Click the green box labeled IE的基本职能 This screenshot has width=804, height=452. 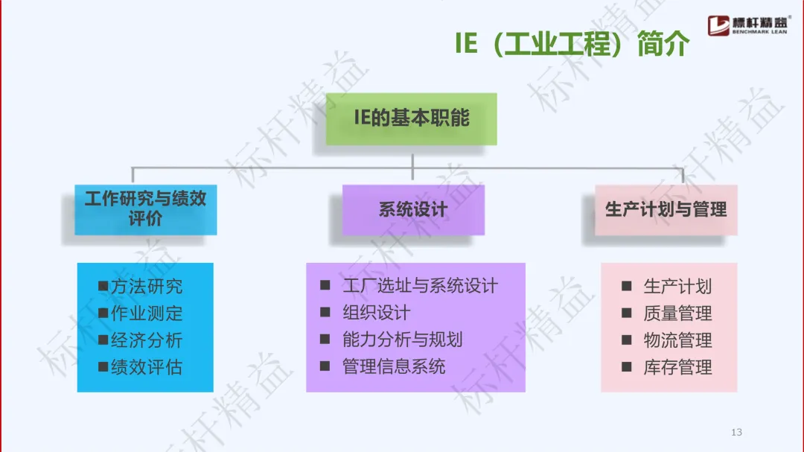tap(411, 118)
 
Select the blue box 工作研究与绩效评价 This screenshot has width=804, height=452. tap(145, 209)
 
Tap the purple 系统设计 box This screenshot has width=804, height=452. tap(412, 209)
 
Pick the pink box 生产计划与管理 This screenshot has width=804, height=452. tap(666, 209)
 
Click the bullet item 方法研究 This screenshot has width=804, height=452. tap(146, 287)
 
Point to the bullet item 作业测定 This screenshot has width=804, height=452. tap(146, 313)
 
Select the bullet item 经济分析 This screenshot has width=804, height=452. tap(146, 340)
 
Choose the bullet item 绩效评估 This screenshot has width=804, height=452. tap(146, 367)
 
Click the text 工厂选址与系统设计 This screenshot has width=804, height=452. tap(420, 286)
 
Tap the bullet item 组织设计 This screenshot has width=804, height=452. tap(376, 313)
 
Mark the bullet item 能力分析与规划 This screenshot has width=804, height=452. tap(402, 340)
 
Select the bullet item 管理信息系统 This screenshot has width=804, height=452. tap(394, 366)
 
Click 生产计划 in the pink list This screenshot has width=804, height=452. tap(677, 287)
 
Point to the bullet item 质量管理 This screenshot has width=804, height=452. tap(677, 313)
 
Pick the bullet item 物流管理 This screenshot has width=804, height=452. tap(677, 340)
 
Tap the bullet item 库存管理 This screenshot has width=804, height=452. tap(677, 367)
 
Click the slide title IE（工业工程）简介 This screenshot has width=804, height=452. tap(572, 45)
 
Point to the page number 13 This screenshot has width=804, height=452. tap(737, 433)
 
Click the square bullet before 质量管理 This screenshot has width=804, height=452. tap(628, 313)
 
